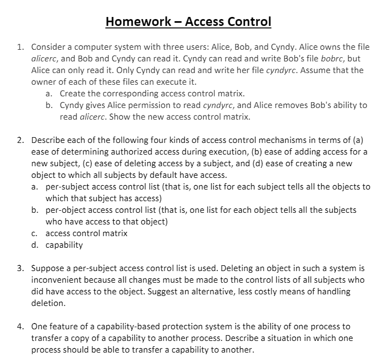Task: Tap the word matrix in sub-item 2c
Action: [x=115, y=233]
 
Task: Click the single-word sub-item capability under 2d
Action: [x=64, y=245]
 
